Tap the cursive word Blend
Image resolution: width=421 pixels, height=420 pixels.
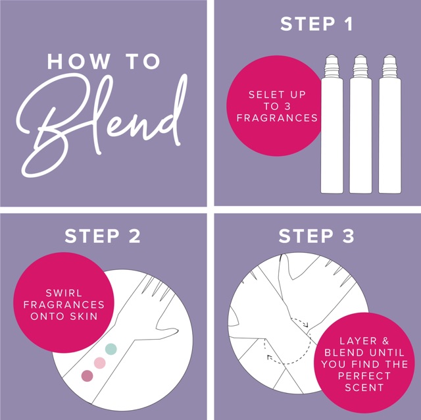[x=102, y=126]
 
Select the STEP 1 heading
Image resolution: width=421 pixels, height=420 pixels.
[x=316, y=24]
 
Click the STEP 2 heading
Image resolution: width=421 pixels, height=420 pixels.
[x=103, y=236]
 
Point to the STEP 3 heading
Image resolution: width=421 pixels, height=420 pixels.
[x=316, y=236]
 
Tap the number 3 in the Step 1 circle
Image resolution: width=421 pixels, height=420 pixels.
[x=287, y=107]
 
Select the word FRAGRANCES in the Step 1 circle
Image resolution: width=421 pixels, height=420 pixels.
[x=277, y=118]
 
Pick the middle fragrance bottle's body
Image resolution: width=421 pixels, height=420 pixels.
[x=360, y=135]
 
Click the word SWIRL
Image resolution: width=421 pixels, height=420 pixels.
[x=64, y=293]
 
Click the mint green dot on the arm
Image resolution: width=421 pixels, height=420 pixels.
[x=111, y=349]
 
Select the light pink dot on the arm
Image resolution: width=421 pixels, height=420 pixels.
[x=99, y=363]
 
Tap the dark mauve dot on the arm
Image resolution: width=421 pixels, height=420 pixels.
[x=87, y=376]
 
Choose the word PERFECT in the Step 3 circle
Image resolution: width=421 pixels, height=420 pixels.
[x=364, y=376]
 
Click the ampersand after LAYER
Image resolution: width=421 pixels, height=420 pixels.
[x=385, y=341]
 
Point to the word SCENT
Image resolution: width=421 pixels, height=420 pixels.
[x=364, y=388]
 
